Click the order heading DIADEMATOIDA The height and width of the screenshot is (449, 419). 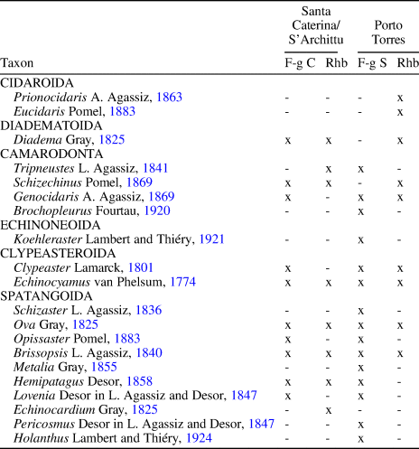[46, 126]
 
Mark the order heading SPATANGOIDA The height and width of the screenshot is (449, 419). [40, 295]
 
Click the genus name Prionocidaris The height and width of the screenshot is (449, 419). [51, 96]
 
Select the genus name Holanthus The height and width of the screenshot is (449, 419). [39, 436]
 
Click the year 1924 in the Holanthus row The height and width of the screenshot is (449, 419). [176, 436]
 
